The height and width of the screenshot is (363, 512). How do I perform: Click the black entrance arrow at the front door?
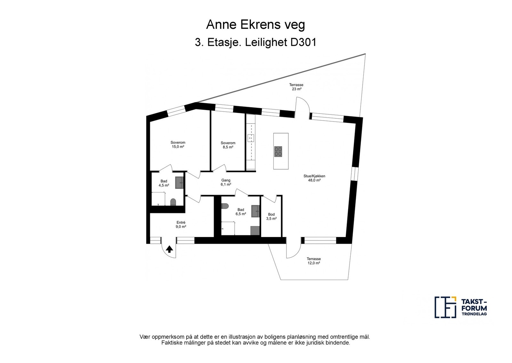coord(169,249)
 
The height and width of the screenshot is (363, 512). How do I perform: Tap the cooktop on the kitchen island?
coord(278,152)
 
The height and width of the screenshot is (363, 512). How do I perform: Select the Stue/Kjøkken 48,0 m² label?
coord(314,178)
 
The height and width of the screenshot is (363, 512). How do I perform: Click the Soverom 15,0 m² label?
coord(178,145)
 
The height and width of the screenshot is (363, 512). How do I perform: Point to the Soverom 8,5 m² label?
coord(228,145)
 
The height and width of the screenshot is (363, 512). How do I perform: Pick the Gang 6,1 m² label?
coord(226,182)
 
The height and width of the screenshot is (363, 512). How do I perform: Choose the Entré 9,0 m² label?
coord(181,224)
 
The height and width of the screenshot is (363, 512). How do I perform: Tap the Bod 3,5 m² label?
coord(271,216)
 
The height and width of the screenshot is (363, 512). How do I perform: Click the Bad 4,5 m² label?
coord(164,183)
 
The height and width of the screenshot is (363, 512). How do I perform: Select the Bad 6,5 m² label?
coord(241,212)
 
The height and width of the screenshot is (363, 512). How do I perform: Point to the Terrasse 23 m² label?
coord(296,87)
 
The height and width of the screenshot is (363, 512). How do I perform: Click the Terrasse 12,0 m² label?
coord(314,261)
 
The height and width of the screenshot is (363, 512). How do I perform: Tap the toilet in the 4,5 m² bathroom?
coord(173,202)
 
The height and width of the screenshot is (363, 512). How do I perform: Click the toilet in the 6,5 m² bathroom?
coord(225,206)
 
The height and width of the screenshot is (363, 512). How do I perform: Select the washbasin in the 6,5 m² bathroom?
coord(256,211)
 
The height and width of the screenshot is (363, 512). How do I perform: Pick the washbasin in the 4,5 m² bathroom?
coord(180,182)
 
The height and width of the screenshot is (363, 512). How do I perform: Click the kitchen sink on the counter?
coord(251,138)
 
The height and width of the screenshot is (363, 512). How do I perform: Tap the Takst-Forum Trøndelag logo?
coord(461,307)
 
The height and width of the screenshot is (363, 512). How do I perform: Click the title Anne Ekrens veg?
coord(256,25)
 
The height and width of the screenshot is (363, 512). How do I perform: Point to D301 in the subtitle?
coord(303,42)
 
